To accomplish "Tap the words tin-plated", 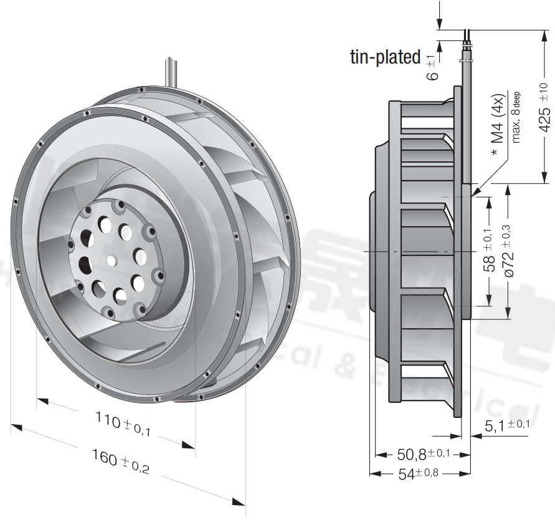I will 386,57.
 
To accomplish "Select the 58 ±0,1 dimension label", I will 490,251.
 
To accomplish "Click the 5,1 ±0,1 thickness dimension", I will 507,426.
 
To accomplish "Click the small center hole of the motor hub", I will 111,259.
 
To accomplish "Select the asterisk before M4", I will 494,153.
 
